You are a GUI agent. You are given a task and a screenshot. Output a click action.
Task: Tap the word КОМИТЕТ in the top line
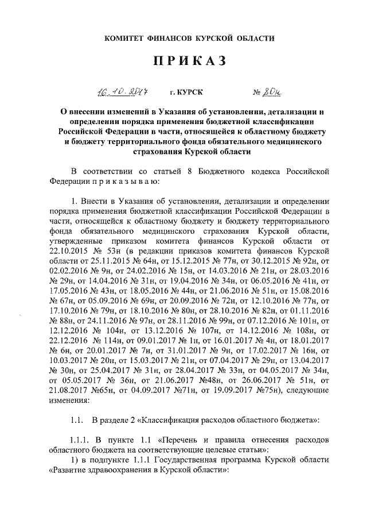click(124, 38)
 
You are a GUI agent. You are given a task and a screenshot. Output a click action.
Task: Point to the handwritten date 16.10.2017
click(120, 91)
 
